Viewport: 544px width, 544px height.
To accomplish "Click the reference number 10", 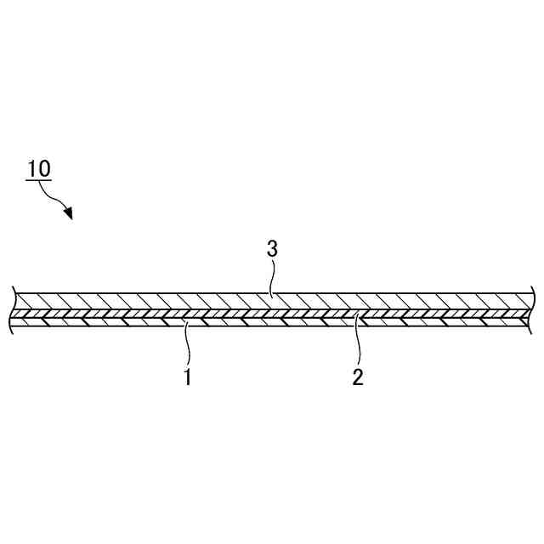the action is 39,167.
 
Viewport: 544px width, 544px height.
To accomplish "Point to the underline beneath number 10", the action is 39,180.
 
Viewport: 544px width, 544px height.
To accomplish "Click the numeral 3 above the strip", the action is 272,249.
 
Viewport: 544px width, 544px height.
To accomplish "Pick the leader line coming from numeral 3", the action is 273,275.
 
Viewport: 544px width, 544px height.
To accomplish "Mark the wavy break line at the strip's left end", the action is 14,309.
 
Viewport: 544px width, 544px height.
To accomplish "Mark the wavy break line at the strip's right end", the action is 532,309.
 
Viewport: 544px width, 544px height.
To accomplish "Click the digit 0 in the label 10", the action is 45,167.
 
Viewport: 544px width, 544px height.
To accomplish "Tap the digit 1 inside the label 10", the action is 32,167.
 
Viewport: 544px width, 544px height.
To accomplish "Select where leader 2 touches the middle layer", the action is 358,315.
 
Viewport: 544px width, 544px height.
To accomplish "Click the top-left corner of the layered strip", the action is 15,292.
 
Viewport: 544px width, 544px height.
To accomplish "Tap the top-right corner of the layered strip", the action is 532,292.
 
